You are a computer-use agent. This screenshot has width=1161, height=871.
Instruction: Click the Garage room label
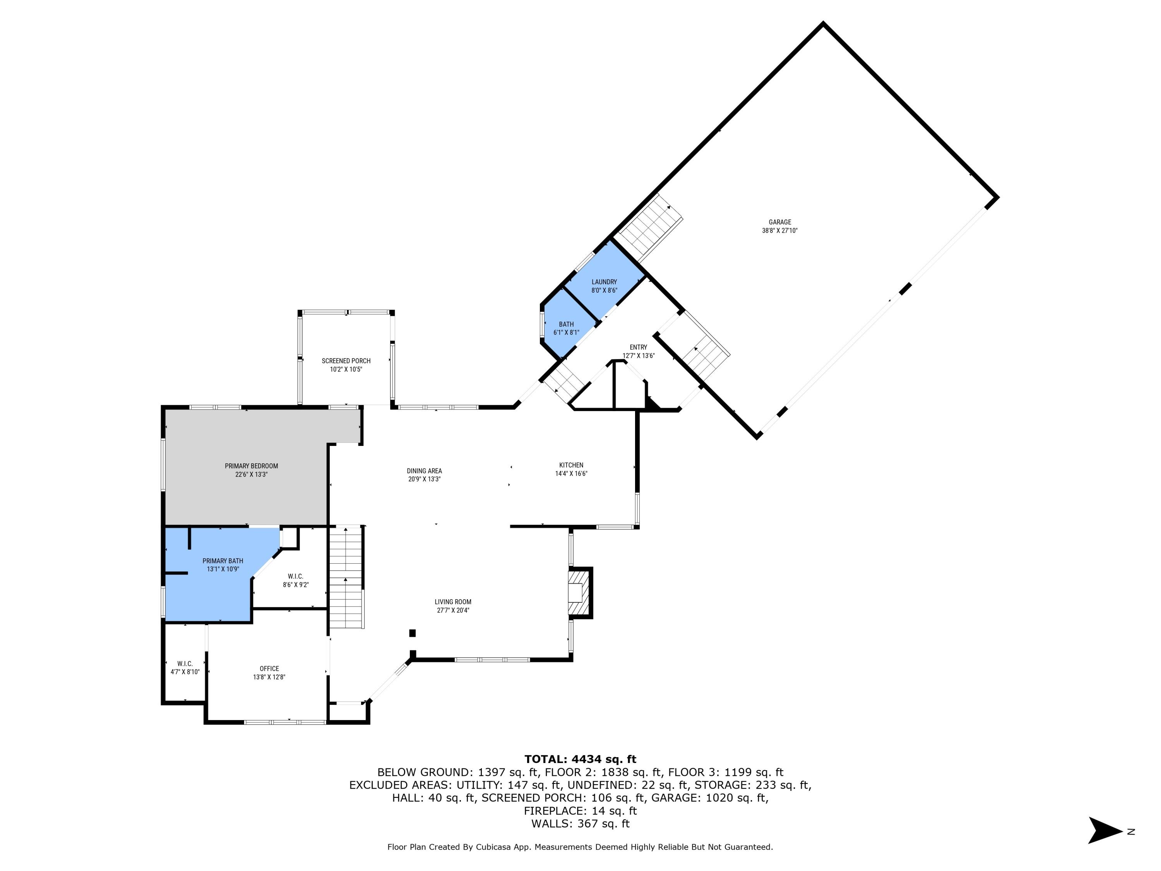pyautogui.click(x=779, y=222)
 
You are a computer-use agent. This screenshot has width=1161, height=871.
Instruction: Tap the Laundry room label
pyautogui.click(x=604, y=282)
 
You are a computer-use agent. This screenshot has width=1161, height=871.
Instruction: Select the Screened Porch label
pyautogui.click(x=346, y=361)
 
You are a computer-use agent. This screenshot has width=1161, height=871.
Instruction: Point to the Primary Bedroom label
pyautogui.click(x=252, y=466)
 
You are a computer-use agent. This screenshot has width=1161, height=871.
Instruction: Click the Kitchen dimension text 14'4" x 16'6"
pyautogui.click(x=571, y=473)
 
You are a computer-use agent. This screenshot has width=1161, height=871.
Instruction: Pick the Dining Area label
pyautogui.click(x=424, y=471)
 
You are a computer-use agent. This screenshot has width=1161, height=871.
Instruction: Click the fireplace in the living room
pyautogui.click(x=579, y=592)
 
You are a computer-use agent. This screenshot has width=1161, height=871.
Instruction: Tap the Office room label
pyautogui.click(x=269, y=668)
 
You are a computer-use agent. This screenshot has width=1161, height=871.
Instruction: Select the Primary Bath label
pyautogui.click(x=223, y=561)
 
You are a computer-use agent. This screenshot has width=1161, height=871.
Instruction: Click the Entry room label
pyautogui.click(x=638, y=347)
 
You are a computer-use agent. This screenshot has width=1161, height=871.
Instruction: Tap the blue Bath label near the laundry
pyautogui.click(x=566, y=324)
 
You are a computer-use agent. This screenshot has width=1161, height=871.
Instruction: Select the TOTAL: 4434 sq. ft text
pyautogui.click(x=580, y=759)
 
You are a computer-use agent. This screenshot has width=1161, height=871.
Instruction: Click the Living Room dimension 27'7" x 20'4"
pyautogui.click(x=453, y=610)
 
